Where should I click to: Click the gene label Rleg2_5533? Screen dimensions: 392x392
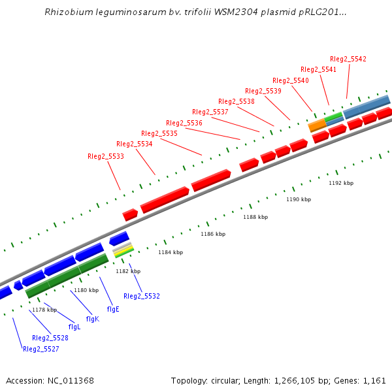(106, 156)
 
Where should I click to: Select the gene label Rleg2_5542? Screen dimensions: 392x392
(348, 59)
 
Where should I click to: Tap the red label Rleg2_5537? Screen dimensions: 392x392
(210, 112)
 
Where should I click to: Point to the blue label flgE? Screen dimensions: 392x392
(113, 309)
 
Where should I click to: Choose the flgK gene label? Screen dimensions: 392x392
(92, 319)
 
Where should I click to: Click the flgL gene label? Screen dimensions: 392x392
(74, 327)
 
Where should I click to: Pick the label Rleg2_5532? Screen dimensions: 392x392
(142, 296)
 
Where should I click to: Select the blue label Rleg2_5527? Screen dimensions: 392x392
(41, 349)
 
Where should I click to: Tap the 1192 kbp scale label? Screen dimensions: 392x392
(341, 183)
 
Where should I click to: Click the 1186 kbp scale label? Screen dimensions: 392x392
(213, 233)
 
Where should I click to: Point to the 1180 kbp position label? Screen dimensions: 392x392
(86, 289)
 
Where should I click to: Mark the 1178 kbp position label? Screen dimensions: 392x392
(44, 310)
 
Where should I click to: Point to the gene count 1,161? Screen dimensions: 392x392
(375, 380)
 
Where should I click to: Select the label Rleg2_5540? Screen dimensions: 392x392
(291, 80)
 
